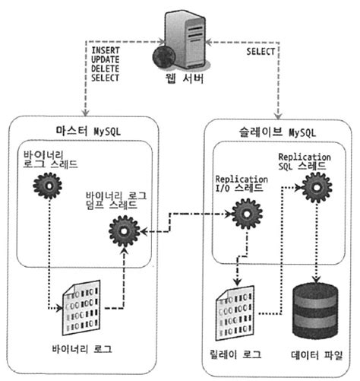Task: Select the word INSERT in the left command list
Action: [106, 49]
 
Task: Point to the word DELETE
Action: [106, 67]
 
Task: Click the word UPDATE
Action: [106, 58]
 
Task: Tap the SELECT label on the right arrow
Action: [264, 52]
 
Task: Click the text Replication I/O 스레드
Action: [240, 182]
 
